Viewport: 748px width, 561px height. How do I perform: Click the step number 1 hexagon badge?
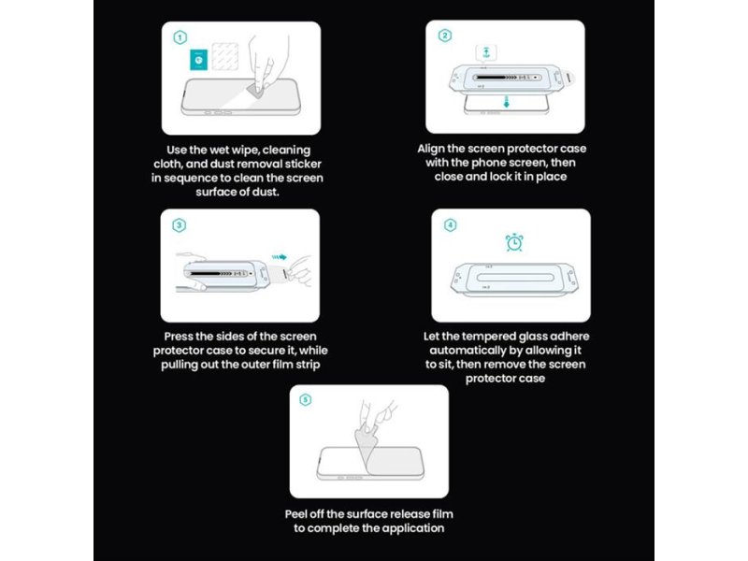(x=180, y=37)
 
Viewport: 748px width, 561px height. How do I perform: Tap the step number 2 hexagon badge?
(x=445, y=36)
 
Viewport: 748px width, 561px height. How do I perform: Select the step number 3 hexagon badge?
(x=179, y=225)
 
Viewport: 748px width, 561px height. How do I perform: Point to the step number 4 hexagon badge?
(x=450, y=225)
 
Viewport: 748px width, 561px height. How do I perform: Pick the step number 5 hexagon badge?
(x=306, y=400)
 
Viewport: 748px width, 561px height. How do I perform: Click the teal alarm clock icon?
(x=514, y=242)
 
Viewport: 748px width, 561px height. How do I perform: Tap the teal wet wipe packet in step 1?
(x=199, y=60)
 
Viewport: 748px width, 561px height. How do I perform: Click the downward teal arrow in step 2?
(x=506, y=101)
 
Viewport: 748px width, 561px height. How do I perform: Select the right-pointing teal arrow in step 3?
(x=280, y=257)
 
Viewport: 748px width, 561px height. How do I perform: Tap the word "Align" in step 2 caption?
(x=431, y=149)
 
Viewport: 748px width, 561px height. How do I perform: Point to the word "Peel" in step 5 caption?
(x=295, y=514)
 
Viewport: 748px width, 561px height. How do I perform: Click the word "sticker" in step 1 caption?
(x=303, y=165)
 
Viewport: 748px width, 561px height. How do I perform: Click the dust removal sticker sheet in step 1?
(x=224, y=56)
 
